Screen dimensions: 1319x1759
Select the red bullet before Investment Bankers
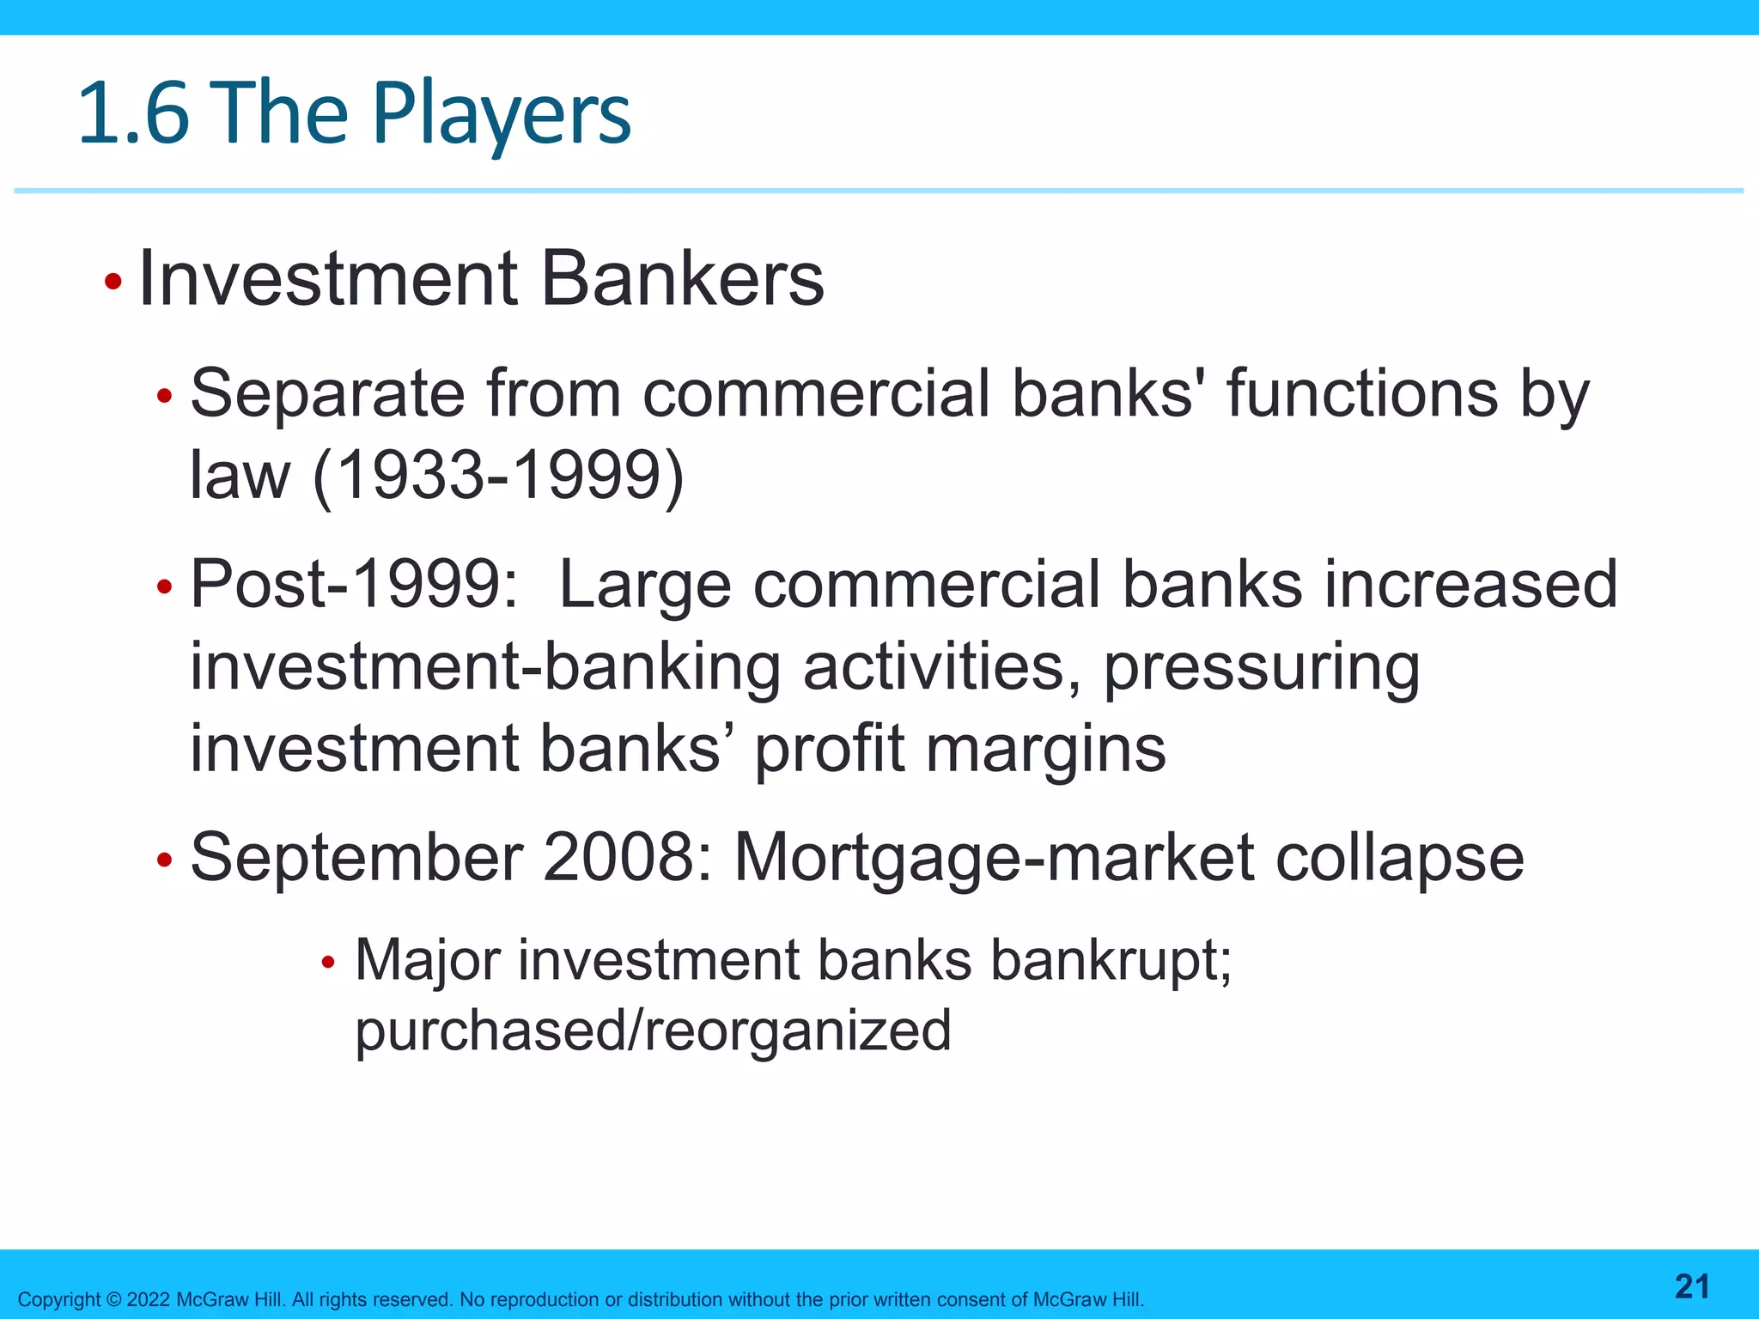[x=113, y=282]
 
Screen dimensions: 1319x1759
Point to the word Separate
[x=327, y=394]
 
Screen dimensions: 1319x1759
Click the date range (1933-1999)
[x=498, y=476]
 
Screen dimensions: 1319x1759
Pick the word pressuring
[x=1261, y=668]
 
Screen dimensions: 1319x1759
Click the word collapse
[x=1399, y=858]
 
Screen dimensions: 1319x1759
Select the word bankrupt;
[x=1111, y=960]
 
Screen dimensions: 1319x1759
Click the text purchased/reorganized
[x=653, y=1031]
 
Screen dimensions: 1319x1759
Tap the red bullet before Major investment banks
[x=327, y=963]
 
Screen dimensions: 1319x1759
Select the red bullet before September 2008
[x=165, y=860]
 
